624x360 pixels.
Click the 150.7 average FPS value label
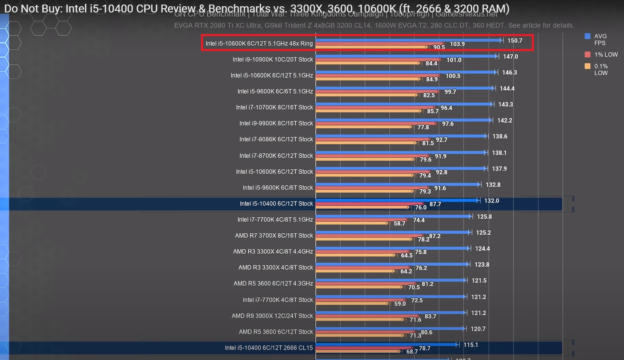click(514, 41)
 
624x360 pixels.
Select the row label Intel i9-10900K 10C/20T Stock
click(272, 59)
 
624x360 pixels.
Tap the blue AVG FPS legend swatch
click(587, 36)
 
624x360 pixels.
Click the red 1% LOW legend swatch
click(587, 54)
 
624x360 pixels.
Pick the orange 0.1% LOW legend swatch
click(587, 66)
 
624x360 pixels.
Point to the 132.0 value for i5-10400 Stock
click(491, 201)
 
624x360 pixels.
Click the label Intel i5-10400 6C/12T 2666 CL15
click(269, 348)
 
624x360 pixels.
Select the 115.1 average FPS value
click(470, 345)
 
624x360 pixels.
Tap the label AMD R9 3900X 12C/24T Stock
click(272, 316)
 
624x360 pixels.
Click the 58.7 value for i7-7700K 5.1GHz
click(399, 223)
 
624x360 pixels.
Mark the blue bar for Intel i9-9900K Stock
click(403, 120)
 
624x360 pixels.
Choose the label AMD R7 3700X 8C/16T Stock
click(274, 235)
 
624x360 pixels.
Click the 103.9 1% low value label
click(457, 44)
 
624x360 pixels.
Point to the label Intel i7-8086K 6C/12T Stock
click(276, 139)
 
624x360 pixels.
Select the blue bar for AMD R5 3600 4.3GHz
click(390, 280)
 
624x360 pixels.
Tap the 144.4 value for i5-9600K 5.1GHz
click(507, 88)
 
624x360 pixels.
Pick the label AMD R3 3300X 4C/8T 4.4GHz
click(273, 251)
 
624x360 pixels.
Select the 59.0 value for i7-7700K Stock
click(400, 304)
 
